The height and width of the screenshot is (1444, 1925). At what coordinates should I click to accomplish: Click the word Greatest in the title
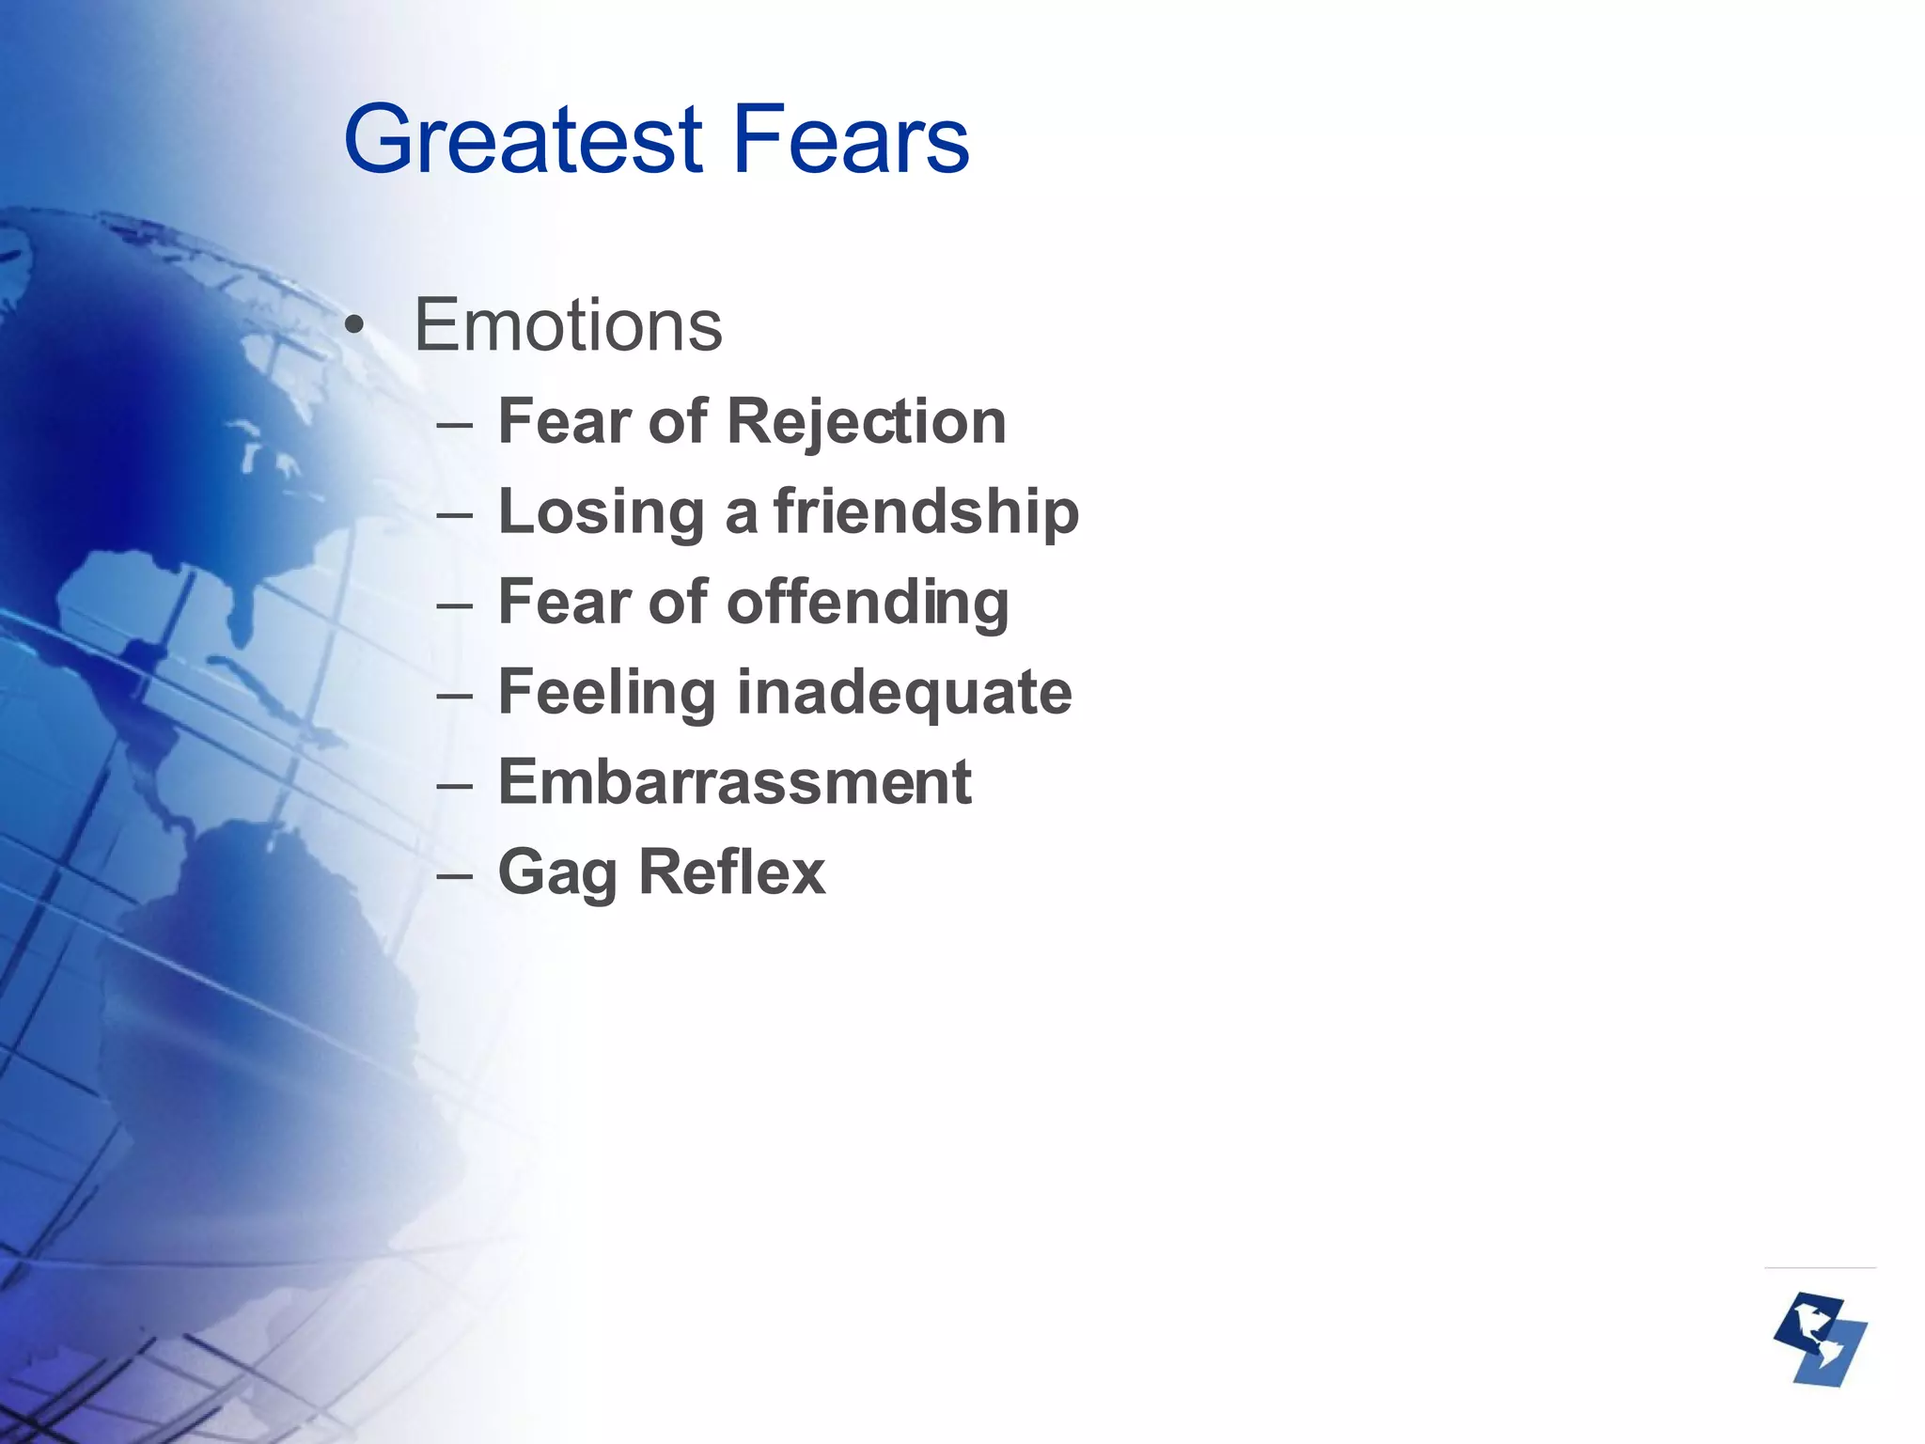(523, 141)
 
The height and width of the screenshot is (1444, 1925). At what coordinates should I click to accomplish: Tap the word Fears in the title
(850, 141)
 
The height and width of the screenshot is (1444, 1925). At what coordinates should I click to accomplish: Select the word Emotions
(568, 325)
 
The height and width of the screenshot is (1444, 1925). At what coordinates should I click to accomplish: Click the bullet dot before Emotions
(353, 327)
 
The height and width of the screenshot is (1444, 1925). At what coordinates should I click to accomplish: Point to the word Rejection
(866, 421)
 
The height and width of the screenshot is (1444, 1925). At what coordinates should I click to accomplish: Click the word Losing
(601, 511)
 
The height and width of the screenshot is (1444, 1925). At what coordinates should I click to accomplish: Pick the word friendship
(926, 511)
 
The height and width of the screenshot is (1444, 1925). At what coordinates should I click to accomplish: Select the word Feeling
(606, 693)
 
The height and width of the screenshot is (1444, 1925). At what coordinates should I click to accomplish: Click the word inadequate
(903, 693)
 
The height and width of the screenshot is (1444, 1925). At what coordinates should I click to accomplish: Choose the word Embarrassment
(734, 782)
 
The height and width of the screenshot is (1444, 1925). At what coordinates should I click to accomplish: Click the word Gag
(556, 872)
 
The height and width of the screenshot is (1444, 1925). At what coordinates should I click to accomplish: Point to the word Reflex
(731, 872)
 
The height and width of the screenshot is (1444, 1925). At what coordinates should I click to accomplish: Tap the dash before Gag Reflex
(454, 874)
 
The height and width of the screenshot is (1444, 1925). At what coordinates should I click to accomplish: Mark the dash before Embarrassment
(454, 784)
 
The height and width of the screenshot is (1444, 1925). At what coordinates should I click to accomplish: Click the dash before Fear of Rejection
(454, 423)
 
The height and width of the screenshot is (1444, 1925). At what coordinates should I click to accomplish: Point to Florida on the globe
(243, 616)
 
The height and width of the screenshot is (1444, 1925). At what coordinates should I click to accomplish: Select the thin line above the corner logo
(1820, 1268)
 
